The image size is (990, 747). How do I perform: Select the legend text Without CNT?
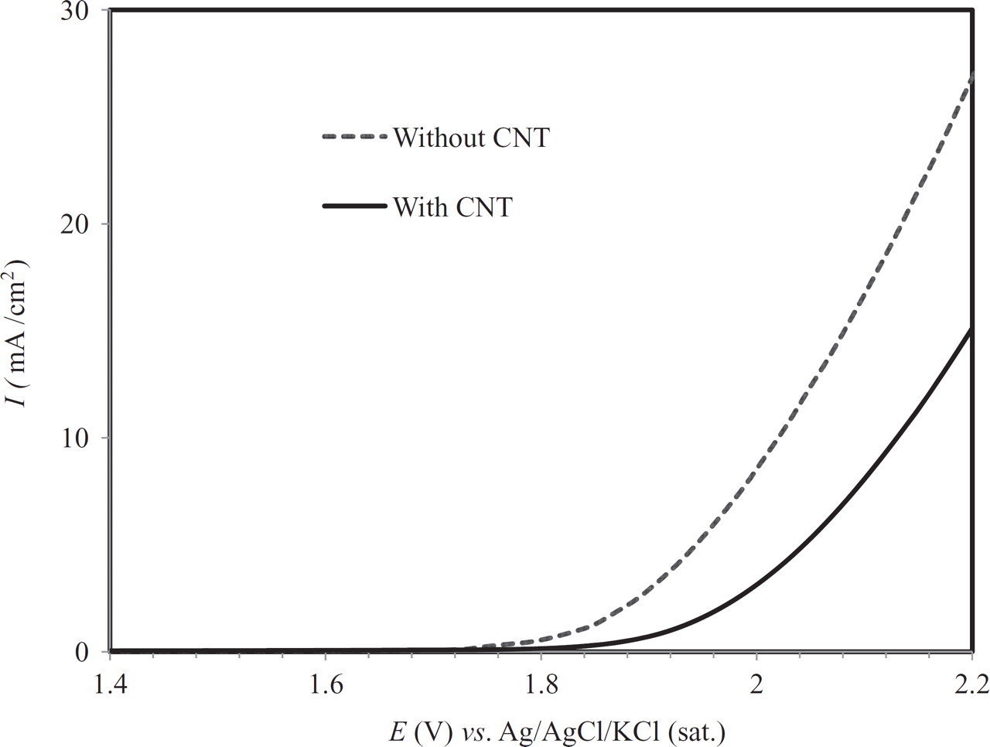tap(471, 138)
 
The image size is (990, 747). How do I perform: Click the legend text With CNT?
tap(452, 206)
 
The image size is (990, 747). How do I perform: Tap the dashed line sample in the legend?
tap(353, 137)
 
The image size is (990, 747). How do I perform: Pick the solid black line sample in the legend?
tap(353, 206)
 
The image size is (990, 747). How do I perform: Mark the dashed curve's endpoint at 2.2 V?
tap(971, 74)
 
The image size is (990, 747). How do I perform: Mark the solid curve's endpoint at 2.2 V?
tap(971, 330)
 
